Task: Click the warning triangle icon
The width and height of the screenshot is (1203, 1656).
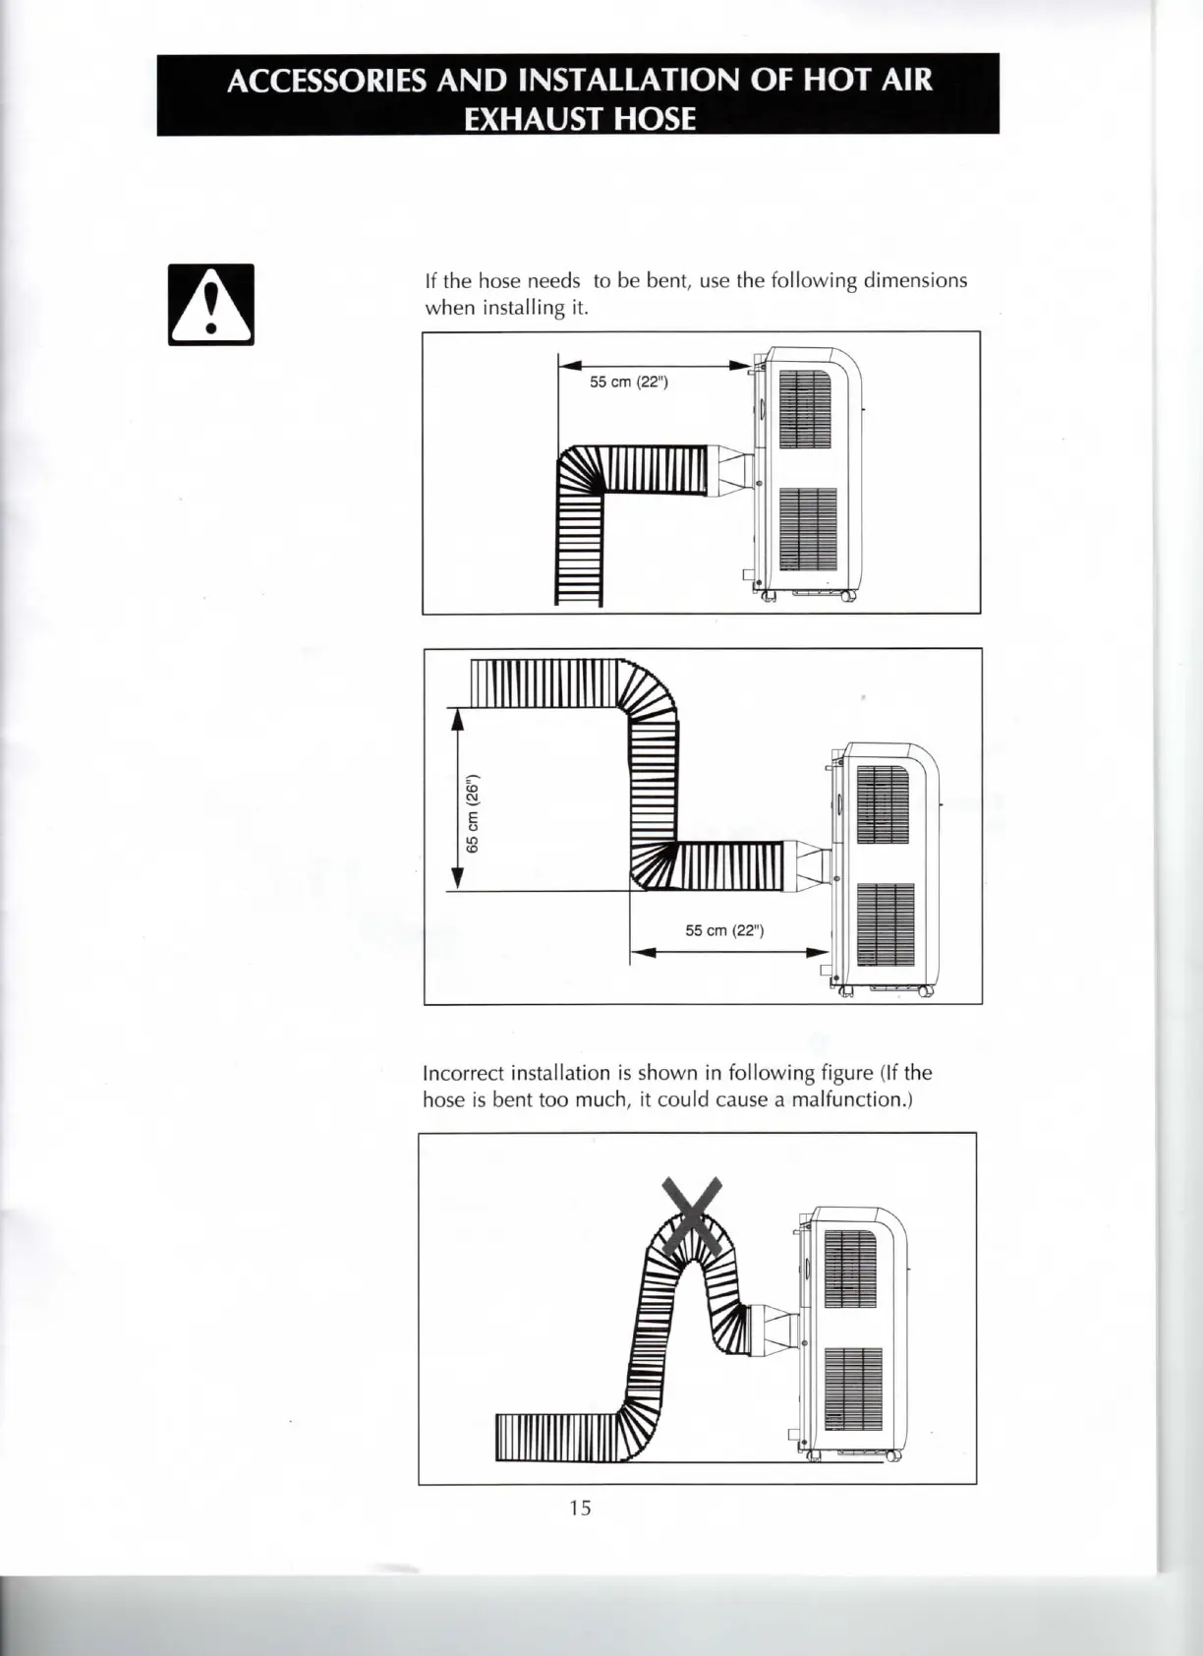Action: tap(211, 305)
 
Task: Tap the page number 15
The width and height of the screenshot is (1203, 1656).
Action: tap(580, 1508)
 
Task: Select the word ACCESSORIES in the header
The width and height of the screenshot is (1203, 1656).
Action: tap(326, 80)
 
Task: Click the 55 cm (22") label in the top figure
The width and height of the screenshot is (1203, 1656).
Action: tap(629, 382)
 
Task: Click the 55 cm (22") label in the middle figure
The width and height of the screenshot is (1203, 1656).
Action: tap(724, 930)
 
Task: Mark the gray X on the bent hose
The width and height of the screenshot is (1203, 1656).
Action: tap(695, 1216)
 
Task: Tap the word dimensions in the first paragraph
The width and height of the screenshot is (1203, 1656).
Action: tap(915, 280)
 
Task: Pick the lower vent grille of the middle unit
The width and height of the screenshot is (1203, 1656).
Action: tap(886, 924)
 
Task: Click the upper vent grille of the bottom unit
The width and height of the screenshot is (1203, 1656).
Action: tap(850, 1268)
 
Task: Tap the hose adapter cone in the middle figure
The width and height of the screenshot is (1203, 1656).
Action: tap(809, 864)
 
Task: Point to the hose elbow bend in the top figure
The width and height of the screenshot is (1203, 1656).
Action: tap(580, 470)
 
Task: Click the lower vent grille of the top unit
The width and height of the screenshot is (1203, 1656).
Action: tap(808, 529)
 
